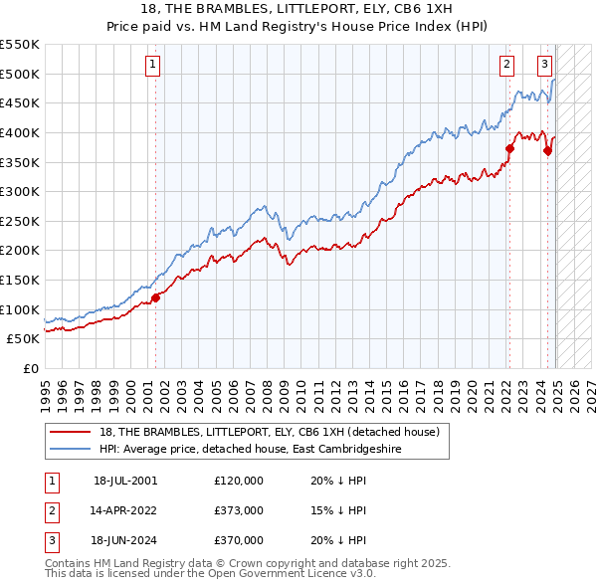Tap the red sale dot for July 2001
tap(155, 297)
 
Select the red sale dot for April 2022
tap(509, 148)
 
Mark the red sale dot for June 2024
tap(547, 151)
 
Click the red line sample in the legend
tap(69, 431)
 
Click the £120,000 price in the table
tap(239, 480)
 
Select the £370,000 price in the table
tap(239, 540)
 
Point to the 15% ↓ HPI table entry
tap(339, 510)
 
